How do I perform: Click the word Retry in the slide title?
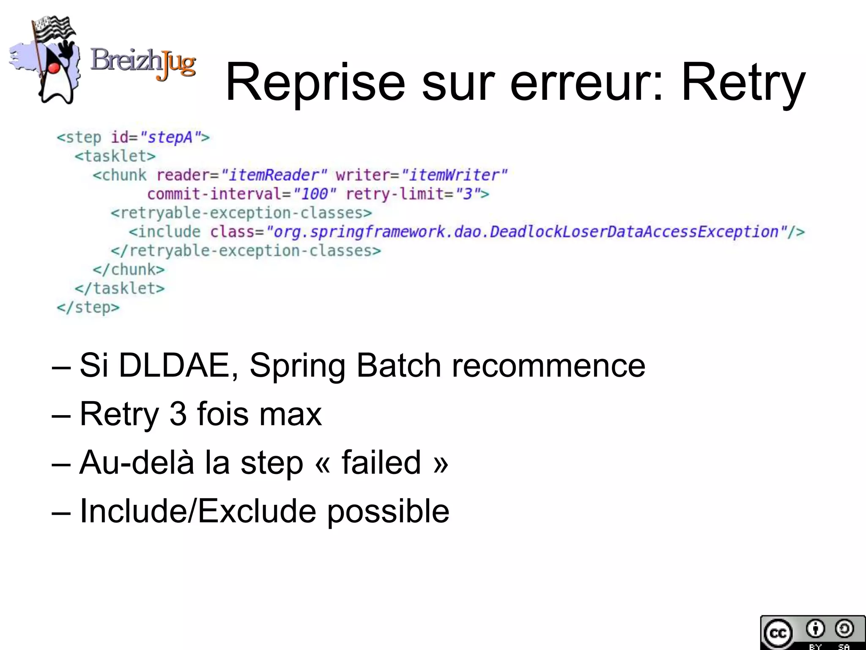(x=743, y=83)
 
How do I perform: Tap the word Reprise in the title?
(x=315, y=83)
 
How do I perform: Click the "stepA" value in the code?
(x=170, y=138)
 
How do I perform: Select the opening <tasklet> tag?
(x=115, y=156)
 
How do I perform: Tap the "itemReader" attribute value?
(x=274, y=175)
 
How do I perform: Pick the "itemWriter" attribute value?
(x=454, y=175)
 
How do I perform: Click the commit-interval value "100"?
(x=315, y=194)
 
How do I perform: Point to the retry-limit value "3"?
(x=467, y=194)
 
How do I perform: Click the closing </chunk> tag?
(x=129, y=269)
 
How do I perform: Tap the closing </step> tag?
(x=88, y=307)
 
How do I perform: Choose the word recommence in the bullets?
(x=548, y=365)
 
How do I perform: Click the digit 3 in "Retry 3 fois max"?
(x=178, y=414)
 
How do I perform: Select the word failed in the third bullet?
(x=381, y=462)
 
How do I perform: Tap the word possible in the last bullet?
(x=388, y=511)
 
